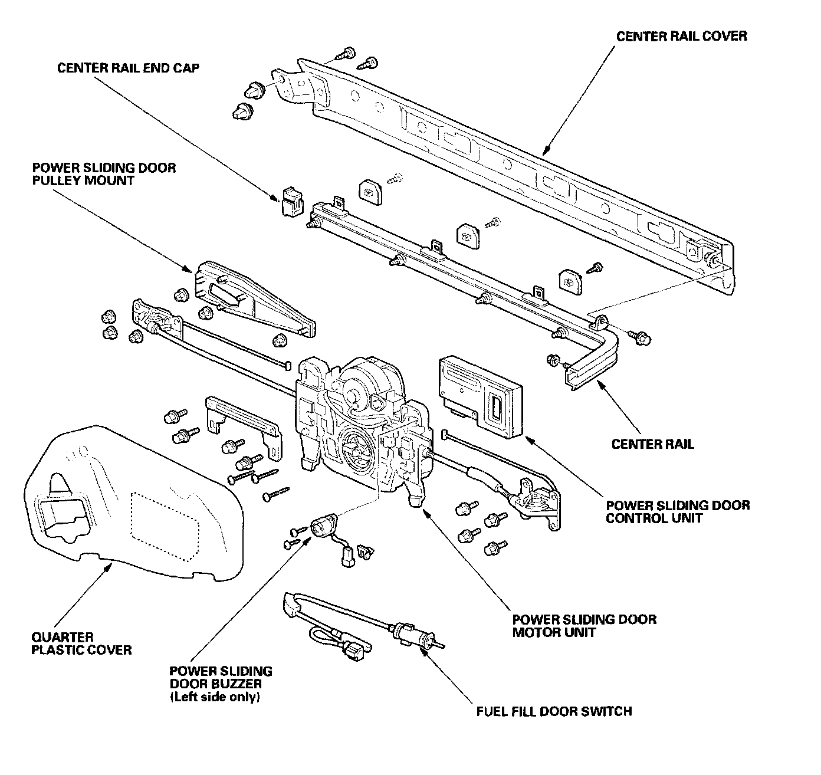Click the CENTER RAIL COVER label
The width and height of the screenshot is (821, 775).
pos(682,37)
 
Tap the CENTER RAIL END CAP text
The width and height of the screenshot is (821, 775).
pos(128,68)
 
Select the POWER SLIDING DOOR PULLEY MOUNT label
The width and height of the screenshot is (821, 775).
pos(104,174)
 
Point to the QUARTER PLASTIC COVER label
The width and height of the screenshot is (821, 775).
pos(81,643)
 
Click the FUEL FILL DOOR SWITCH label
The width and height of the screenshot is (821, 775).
pos(554,711)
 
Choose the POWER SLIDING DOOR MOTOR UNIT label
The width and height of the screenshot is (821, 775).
pos(584,626)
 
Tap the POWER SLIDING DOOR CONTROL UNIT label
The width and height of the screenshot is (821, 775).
pos(678,511)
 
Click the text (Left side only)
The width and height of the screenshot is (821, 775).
pos(215,697)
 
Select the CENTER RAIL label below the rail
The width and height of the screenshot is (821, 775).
pos(652,444)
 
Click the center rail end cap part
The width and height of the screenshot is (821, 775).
pos(292,201)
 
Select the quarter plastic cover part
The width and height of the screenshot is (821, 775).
pos(133,504)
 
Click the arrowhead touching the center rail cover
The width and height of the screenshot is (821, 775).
pos(547,150)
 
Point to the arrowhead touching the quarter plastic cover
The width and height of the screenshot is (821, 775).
pos(108,567)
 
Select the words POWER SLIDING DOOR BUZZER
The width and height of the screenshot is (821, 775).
pos(221,678)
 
